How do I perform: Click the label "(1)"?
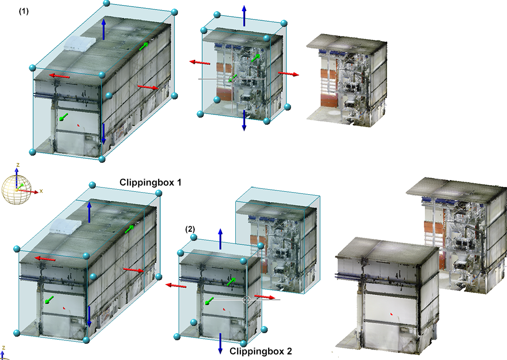click(x=24, y=11)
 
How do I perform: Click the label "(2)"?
click(x=190, y=229)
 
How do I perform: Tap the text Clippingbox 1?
click(x=151, y=183)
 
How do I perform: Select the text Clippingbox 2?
click(x=261, y=351)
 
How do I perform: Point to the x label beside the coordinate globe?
click(x=41, y=191)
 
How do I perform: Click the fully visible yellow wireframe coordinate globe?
click(x=17, y=190)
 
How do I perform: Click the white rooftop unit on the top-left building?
click(x=80, y=43)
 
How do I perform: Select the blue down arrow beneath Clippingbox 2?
click(x=220, y=343)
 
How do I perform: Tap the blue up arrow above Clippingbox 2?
click(x=220, y=239)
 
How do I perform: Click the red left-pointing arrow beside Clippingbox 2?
click(x=176, y=285)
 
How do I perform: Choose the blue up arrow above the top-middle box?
click(x=244, y=16)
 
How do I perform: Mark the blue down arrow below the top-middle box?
click(x=244, y=120)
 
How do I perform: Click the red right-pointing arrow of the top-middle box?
click(x=288, y=74)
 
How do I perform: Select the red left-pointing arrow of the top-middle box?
click(x=200, y=62)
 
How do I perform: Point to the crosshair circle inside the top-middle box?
click(x=232, y=79)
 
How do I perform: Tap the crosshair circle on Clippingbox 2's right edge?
click(x=246, y=300)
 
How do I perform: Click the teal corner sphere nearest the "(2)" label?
click(x=194, y=237)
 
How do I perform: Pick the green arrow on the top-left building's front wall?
click(x=63, y=117)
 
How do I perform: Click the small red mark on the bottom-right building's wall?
click(x=391, y=314)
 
